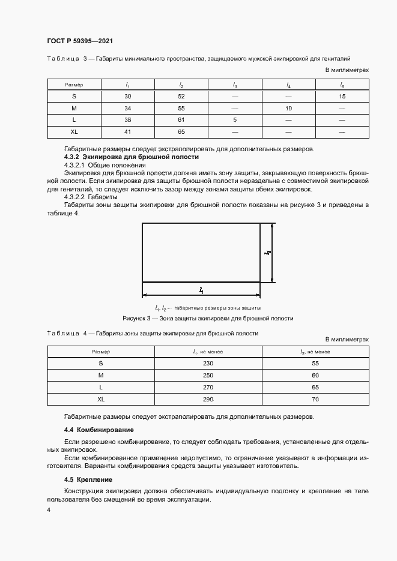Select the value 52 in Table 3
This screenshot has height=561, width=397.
181,97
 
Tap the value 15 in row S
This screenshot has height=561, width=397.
342,97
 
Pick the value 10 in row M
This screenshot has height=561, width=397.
288,108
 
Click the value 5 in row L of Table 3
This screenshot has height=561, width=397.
235,119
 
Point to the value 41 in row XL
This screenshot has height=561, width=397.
128,131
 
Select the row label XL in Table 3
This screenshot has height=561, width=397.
74,131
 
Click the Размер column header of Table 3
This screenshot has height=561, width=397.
74,85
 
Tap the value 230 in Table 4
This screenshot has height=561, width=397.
208,364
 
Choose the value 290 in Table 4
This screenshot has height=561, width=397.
208,398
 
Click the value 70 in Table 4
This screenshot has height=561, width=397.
315,398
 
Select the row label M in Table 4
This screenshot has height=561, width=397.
100,376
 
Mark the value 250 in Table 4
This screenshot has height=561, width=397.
208,376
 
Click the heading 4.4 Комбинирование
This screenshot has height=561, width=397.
98,430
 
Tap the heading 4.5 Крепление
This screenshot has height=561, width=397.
88,479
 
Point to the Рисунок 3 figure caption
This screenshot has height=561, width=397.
208,318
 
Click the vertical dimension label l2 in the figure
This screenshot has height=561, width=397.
266,253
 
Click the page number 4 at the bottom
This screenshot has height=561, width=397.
48,510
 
